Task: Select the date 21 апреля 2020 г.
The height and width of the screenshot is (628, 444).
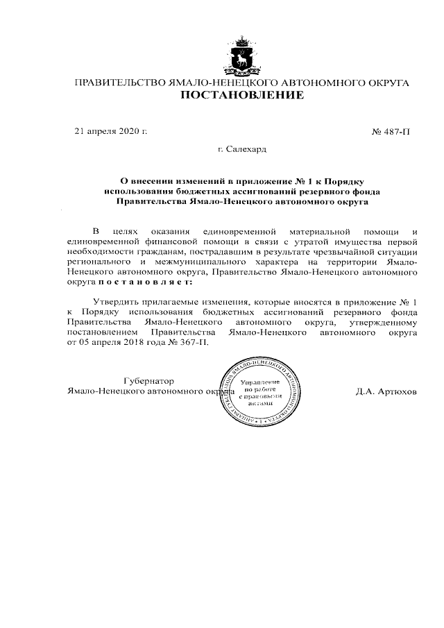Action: [x=111, y=130]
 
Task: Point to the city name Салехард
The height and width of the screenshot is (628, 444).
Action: [x=246, y=148]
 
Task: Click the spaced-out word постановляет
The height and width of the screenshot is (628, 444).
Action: [x=146, y=283]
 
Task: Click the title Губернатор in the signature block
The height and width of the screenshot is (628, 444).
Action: [x=148, y=381]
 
